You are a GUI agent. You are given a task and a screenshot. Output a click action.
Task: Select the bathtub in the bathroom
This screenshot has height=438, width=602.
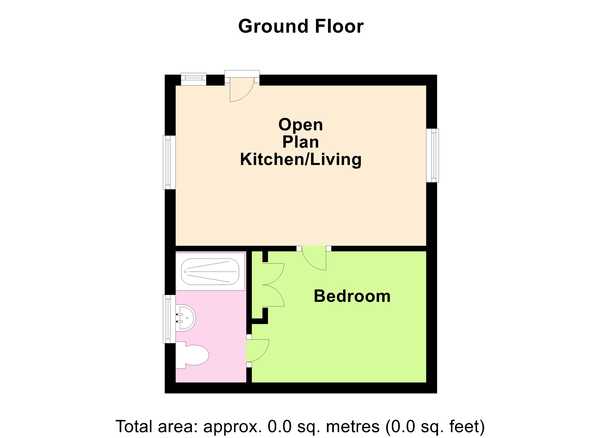tap(210, 272)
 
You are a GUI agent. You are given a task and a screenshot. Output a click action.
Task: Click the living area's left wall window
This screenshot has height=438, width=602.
tap(169, 162)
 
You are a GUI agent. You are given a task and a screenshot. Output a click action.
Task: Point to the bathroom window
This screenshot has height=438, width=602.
tap(169, 319)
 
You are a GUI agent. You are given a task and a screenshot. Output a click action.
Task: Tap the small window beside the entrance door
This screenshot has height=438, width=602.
tap(194, 79)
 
